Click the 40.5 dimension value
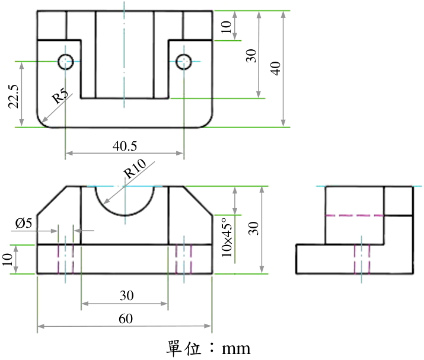(125, 146)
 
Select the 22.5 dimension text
(14, 97)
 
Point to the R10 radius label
(135, 168)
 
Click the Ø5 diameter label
(24, 223)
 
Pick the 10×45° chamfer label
(227, 237)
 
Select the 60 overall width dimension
(126, 318)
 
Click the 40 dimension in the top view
(276, 68)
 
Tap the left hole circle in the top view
(65, 62)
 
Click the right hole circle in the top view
(184, 62)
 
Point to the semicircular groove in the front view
(125, 215)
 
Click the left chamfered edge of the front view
(52, 200)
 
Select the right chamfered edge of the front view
(198, 200)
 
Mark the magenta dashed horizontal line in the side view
(355, 215)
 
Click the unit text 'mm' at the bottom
(236, 349)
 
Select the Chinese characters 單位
(184, 348)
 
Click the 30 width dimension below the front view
(126, 295)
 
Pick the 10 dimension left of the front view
(8, 259)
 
